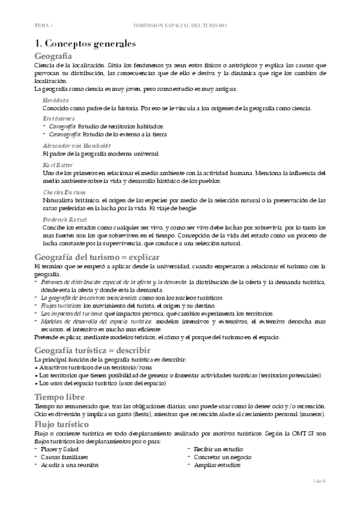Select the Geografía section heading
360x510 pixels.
56,56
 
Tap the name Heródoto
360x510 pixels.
55,100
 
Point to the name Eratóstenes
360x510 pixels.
58,118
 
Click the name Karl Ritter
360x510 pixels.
58,164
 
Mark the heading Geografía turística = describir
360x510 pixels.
92,349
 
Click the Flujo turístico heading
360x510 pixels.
64,423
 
